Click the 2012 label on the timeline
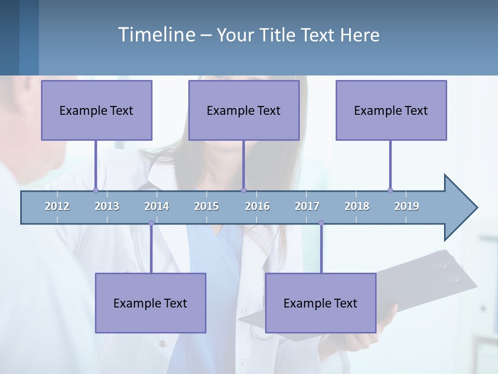pos(57,206)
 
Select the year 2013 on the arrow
pos(107,206)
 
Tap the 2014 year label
pos(157,206)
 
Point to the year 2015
pos(206,206)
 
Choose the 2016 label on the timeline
pos(257,206)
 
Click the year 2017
pos(307,206)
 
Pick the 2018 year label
pos(357,206)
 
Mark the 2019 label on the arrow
pos(407,206)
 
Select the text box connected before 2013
pos(96,110)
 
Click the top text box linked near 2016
pos(244,110)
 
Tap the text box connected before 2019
pos(391,110)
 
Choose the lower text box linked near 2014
pos(150,303)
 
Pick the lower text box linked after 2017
pos(321,303)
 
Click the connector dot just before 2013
pos(95,190)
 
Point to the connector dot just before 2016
pos(243,190)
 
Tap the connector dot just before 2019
pos(390,190)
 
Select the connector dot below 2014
pos(151,223)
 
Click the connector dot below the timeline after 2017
pos(321,223)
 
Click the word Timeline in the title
pos(156,34)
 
